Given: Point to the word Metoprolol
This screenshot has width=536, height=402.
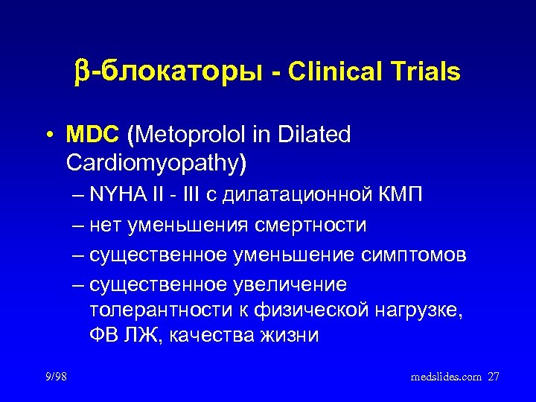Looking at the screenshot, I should point(191,136).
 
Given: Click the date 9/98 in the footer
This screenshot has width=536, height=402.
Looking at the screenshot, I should point(54,377).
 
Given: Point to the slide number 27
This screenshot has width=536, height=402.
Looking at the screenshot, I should point(494,377).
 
